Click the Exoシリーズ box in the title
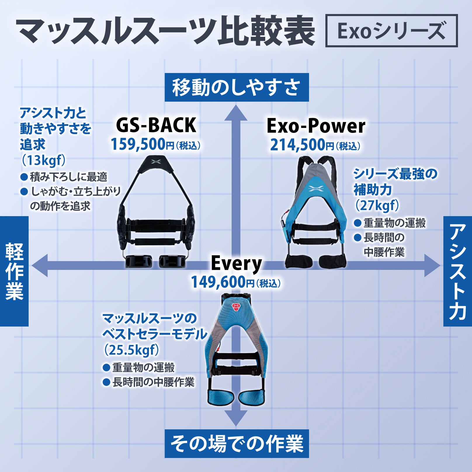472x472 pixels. click(x=391, y=31)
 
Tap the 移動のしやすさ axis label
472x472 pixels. click(x=237, y=87)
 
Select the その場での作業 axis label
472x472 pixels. click(x=237, y=443)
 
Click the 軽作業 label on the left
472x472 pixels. click(x=14, y=271)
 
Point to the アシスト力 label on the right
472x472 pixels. click(x=457, y=271)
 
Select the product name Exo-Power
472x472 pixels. click(x=316, y=126)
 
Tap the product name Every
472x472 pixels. click(x=236, y=263)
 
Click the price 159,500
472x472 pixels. click(x=138, y=144)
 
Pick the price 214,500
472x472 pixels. click(x=298, y=145)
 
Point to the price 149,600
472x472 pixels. click(x=218, y=282)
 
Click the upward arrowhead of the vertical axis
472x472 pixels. click(x=236, y=113)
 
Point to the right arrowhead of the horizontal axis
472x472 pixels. click(x=432, y=265)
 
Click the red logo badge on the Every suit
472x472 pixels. click(x=236, y=306)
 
